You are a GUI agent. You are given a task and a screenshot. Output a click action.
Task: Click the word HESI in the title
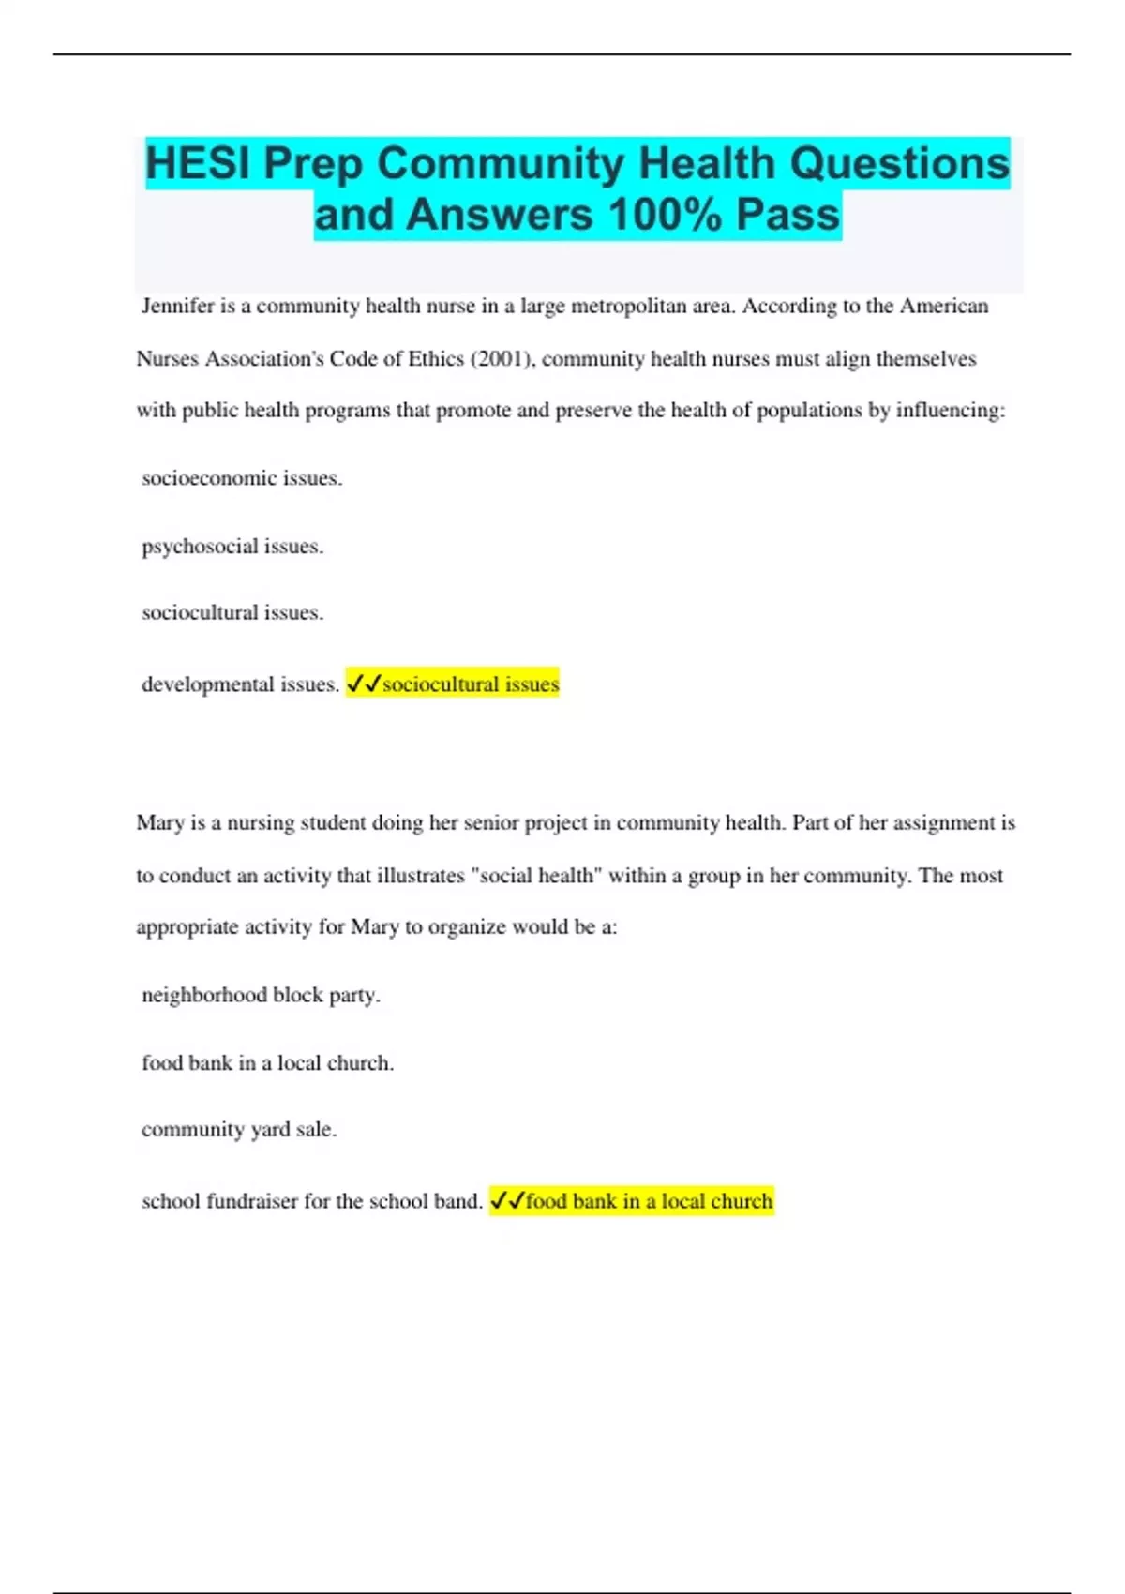(x=199, y=163)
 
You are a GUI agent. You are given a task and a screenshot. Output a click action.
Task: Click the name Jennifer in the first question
(x=178, y=307)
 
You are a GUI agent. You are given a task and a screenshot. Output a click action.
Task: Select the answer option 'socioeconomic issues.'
(x=242, y=478)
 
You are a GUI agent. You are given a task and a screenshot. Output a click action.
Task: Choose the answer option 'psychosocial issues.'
(x=232, y=547)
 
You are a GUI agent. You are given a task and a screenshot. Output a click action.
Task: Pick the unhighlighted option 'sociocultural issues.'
(x=232, y=613)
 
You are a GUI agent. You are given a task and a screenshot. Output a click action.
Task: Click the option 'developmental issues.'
(x=240, y=685)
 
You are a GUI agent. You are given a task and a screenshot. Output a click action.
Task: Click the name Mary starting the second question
(x=159, y=823)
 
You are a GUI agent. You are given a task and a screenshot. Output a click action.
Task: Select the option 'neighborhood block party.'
(x=261, y=995)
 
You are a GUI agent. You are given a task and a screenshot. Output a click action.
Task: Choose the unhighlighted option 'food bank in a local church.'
(x=267, y=1063)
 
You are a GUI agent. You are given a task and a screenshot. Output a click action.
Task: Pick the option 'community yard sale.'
(x=239, y=1130)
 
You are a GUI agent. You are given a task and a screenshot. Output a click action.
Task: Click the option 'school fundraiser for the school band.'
(x=311, y=1201)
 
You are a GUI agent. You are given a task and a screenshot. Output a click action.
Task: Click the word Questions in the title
(x=899, y=163)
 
